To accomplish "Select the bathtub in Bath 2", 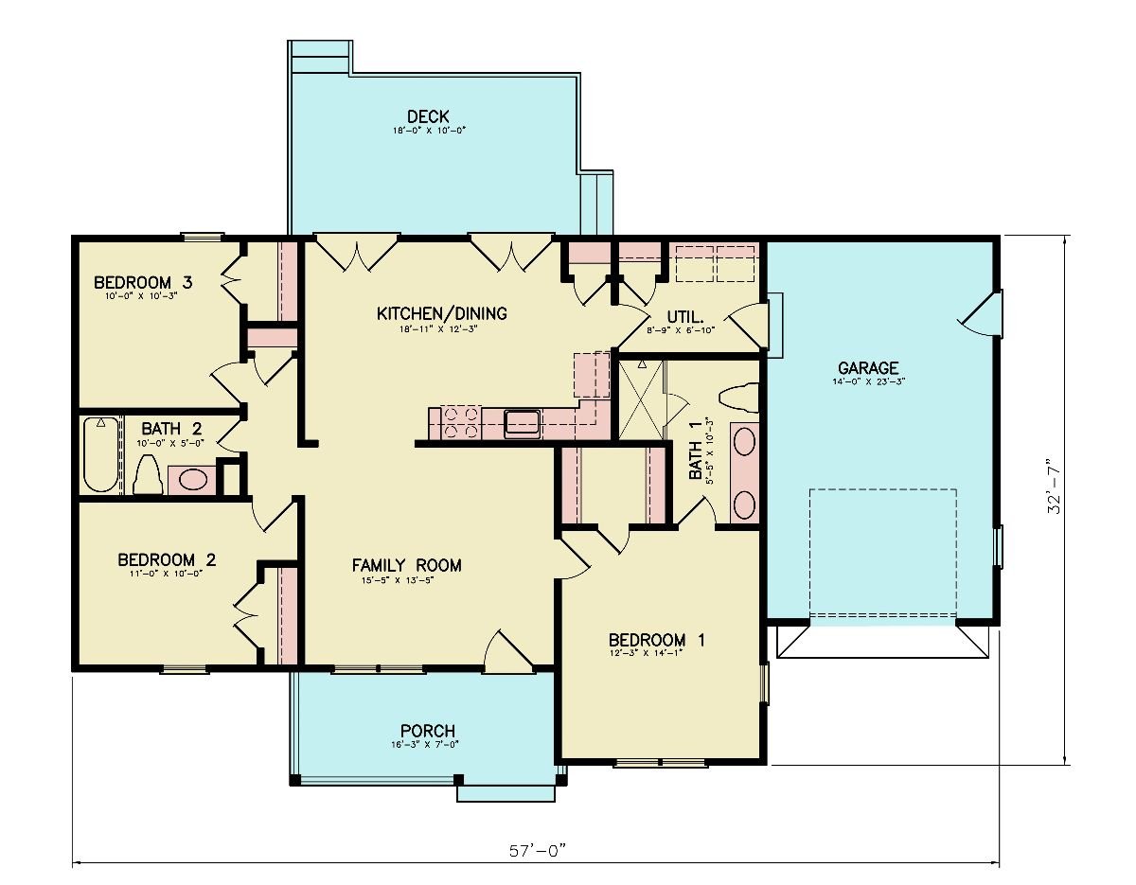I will coord(99,455).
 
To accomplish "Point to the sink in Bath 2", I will coord(192,479).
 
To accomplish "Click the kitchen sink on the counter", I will coord(522,422).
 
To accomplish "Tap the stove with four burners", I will coord(459,422).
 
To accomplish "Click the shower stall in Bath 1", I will coord(641,398).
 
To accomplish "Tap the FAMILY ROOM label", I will coord(406,566).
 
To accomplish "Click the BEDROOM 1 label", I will coord(656,640).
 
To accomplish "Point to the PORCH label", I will coord(427,731).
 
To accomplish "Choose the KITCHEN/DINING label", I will coord(442,313).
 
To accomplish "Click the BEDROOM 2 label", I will coord(167,560).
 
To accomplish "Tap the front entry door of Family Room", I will coord(507,651).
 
